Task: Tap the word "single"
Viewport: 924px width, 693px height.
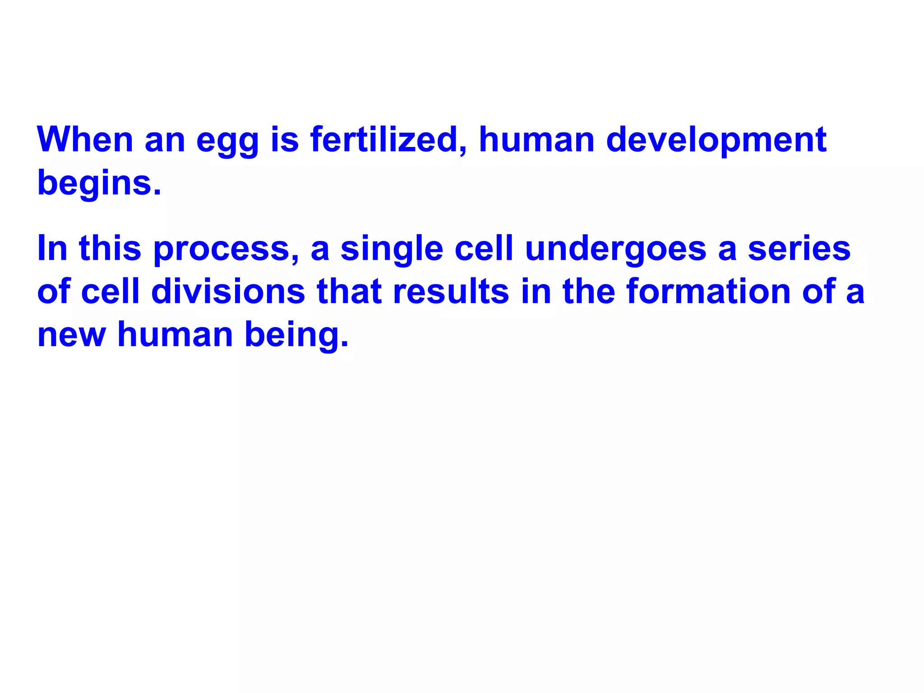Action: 392,249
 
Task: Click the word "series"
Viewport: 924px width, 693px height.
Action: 799,249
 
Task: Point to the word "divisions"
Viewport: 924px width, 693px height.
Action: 228,291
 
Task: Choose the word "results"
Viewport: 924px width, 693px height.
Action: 451,291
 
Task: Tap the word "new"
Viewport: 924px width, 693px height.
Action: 72,335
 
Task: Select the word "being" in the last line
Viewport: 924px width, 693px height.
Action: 296,336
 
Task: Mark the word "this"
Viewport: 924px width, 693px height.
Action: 110,249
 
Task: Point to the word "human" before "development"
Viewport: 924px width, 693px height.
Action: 536,139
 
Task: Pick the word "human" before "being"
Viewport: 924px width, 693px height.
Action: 175,335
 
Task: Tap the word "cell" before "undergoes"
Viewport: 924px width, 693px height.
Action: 484,249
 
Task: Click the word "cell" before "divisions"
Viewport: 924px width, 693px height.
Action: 111,291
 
